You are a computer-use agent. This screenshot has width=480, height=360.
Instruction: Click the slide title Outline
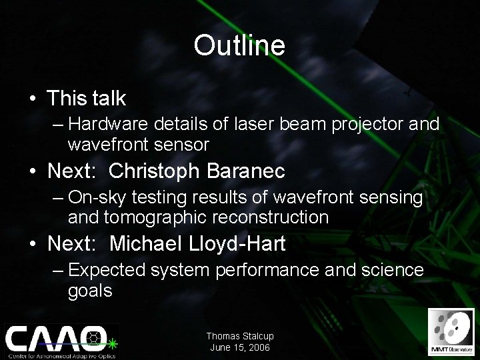point(239,45)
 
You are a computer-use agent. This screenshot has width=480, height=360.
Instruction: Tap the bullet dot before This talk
point(32,99)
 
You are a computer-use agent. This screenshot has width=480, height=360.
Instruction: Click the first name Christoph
point(153,171)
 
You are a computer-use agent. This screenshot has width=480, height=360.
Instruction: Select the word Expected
point(104,270)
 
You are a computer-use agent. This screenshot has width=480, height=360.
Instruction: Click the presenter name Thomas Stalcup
point(239,337)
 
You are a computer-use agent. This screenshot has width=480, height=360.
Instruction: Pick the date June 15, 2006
point(239,347)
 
